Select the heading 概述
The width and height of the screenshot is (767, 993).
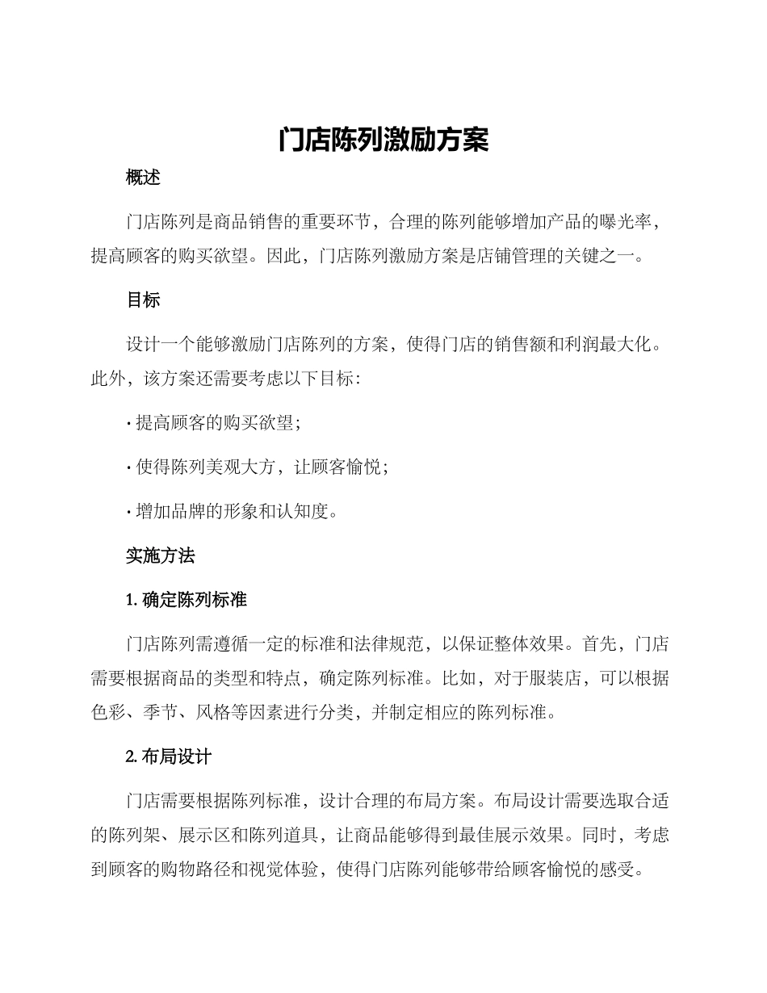[x=144, y=178]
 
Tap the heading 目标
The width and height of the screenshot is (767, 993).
[x=144, y=300]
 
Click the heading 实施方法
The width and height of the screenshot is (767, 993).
[x=161, y=555]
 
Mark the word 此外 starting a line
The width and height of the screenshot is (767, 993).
[x=107, y=379]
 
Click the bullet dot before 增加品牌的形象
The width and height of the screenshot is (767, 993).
[x=129, y=511]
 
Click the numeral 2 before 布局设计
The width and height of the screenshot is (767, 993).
[x=131, y=757]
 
